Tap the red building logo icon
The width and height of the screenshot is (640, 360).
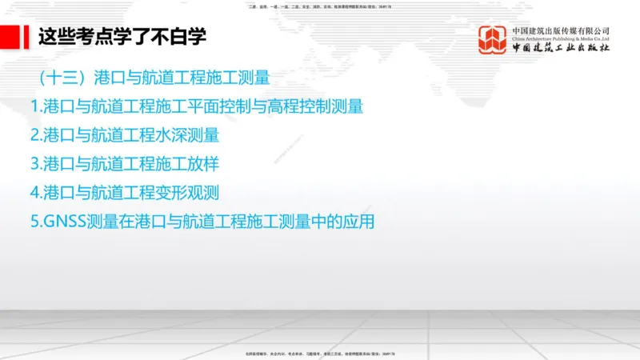pyautogui.click(x=493, y=40)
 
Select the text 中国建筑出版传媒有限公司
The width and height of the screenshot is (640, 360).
pyautogui.click(x=561, y=30)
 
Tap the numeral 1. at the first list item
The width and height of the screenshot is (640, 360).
pyautogui.click(x=36, y=106)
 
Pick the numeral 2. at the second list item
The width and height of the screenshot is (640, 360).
pyautogui.click(x=36, y=135)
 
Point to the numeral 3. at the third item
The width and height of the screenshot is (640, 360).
pyautogui.click(x=36, y=164)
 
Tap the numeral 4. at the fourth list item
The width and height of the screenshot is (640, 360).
pyautogui.click(x=36, y=193)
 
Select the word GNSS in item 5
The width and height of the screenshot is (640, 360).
pyautogui.click(x=65, y=222)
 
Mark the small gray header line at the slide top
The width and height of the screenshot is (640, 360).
pyautogui.click(x=320, y=6)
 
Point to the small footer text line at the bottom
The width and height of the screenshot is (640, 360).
pyautogui.click(x=320, y=354)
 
